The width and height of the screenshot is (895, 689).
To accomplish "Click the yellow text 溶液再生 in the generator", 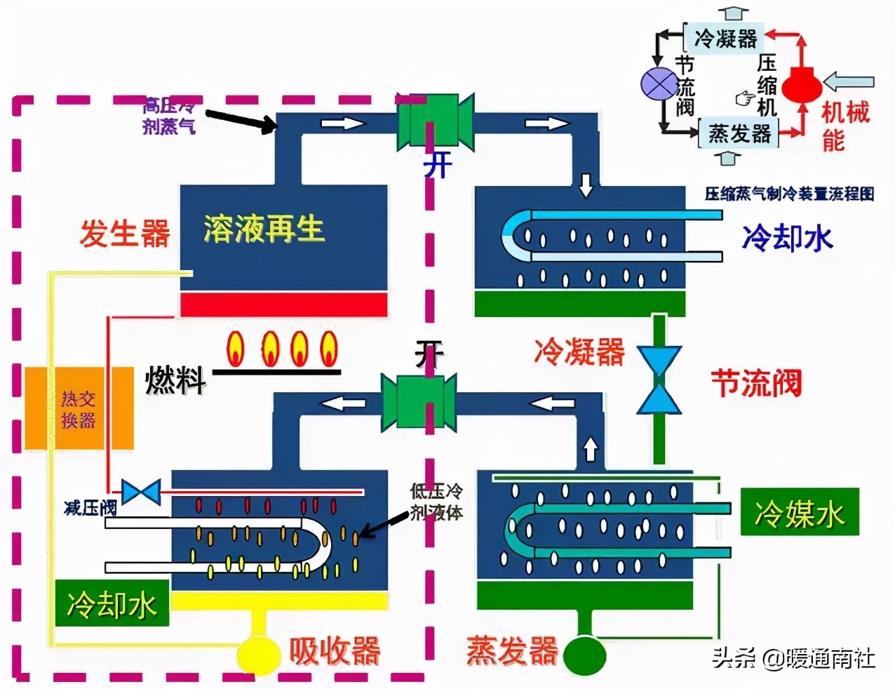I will tap(264, 229).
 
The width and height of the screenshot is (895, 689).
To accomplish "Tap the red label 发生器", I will tap(124, 233).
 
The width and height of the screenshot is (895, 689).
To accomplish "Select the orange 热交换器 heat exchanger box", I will tap(79, 409).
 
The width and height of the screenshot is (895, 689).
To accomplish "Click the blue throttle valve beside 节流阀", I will tap(659, 380).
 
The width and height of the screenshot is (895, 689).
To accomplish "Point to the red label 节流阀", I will tap(756, 383).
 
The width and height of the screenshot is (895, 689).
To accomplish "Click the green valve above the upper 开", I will tap(435, 121).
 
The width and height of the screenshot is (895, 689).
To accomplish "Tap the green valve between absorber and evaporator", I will tap(419, 402).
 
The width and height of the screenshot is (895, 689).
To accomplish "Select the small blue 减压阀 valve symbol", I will tap(141, 492).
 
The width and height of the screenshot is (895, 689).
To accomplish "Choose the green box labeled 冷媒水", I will tap(800, 513).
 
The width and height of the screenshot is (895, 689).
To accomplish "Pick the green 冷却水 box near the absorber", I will tap(112, 603).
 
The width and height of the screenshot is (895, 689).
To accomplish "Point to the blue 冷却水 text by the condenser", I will tap(787, 238).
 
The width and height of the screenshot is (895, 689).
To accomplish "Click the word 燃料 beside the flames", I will tap(175, 381).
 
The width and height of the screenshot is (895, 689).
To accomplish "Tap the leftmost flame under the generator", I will tap(236, 348).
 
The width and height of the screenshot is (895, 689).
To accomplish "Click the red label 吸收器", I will tap(335, 651).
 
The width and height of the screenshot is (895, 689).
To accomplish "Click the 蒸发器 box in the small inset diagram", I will tap(739, 133).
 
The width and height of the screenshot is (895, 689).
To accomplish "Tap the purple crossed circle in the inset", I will tap(659, 83).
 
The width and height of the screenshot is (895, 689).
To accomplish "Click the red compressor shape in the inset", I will tap(801, 85).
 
